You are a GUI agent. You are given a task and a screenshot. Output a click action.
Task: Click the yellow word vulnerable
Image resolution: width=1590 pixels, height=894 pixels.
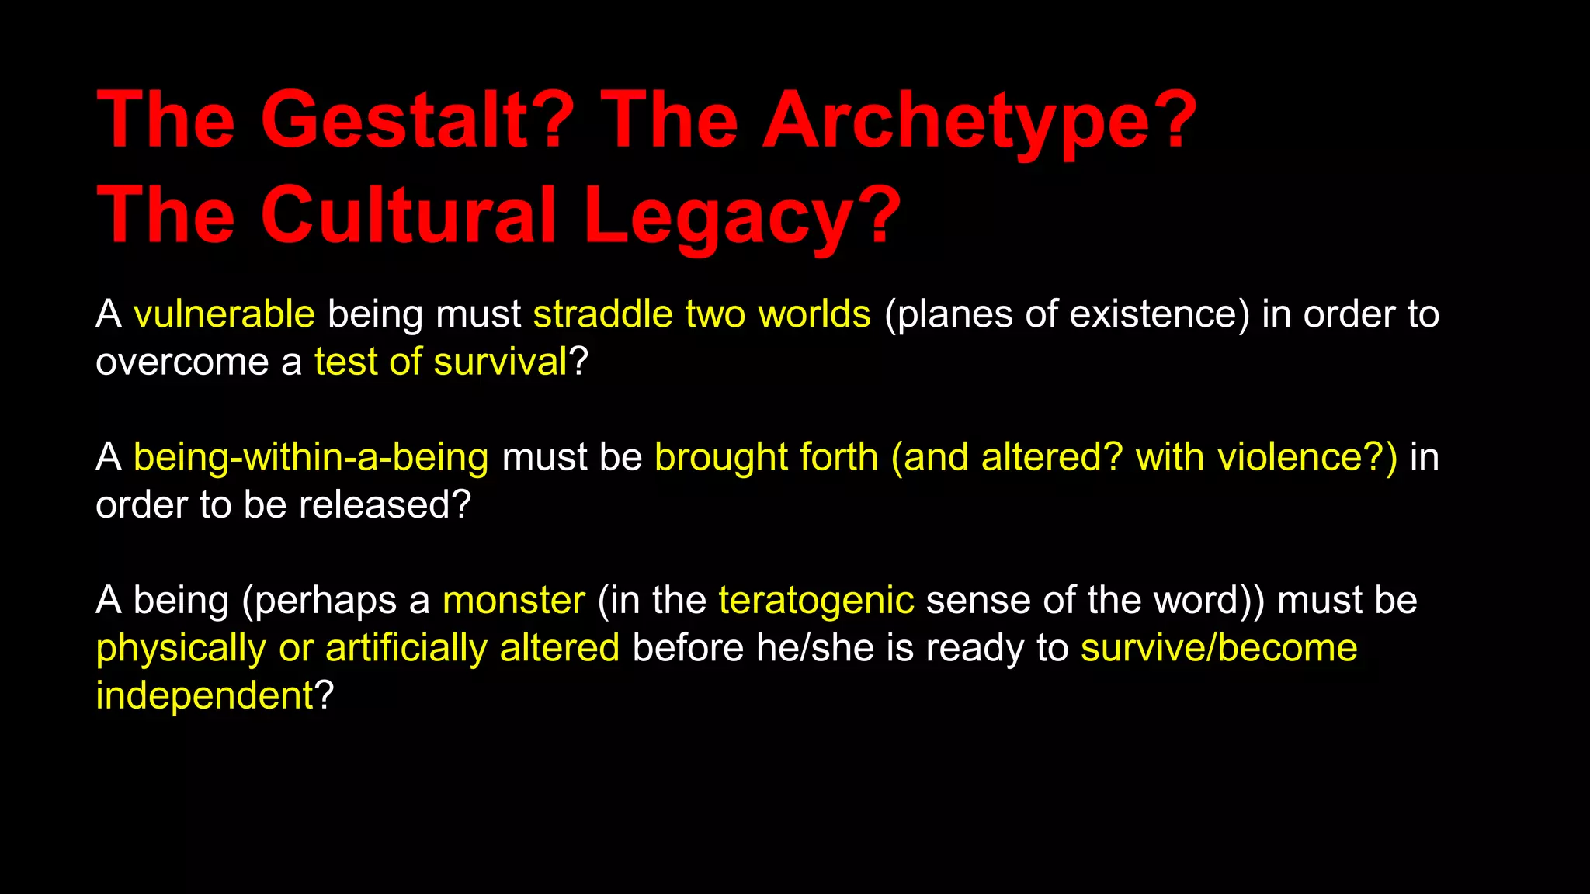coord(224,314)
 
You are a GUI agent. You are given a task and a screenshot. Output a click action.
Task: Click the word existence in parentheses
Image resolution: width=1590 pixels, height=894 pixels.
coord(1153,314)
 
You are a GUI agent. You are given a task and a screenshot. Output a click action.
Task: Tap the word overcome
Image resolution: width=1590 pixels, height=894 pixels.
coord(182,362)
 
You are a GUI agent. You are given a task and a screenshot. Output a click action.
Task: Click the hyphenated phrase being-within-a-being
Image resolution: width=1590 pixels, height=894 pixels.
coord(311,457)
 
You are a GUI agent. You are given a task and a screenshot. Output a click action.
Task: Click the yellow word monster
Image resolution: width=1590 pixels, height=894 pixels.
coord(513,601)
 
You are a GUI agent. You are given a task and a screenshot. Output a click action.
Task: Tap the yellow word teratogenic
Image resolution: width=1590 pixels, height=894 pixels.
coord(816,601)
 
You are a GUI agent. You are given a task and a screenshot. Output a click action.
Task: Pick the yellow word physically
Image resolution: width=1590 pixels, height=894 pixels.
coord(181,648)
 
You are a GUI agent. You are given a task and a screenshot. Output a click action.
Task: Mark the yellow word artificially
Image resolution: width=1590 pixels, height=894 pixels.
coord(406,648)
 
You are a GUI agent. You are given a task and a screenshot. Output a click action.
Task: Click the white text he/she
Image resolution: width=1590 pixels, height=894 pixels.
coord(814,648)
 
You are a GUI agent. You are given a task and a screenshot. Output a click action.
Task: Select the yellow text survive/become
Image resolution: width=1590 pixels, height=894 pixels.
coord(1219,648)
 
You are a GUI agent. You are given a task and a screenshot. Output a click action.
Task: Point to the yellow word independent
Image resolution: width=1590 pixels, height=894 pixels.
coord(204,695)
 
